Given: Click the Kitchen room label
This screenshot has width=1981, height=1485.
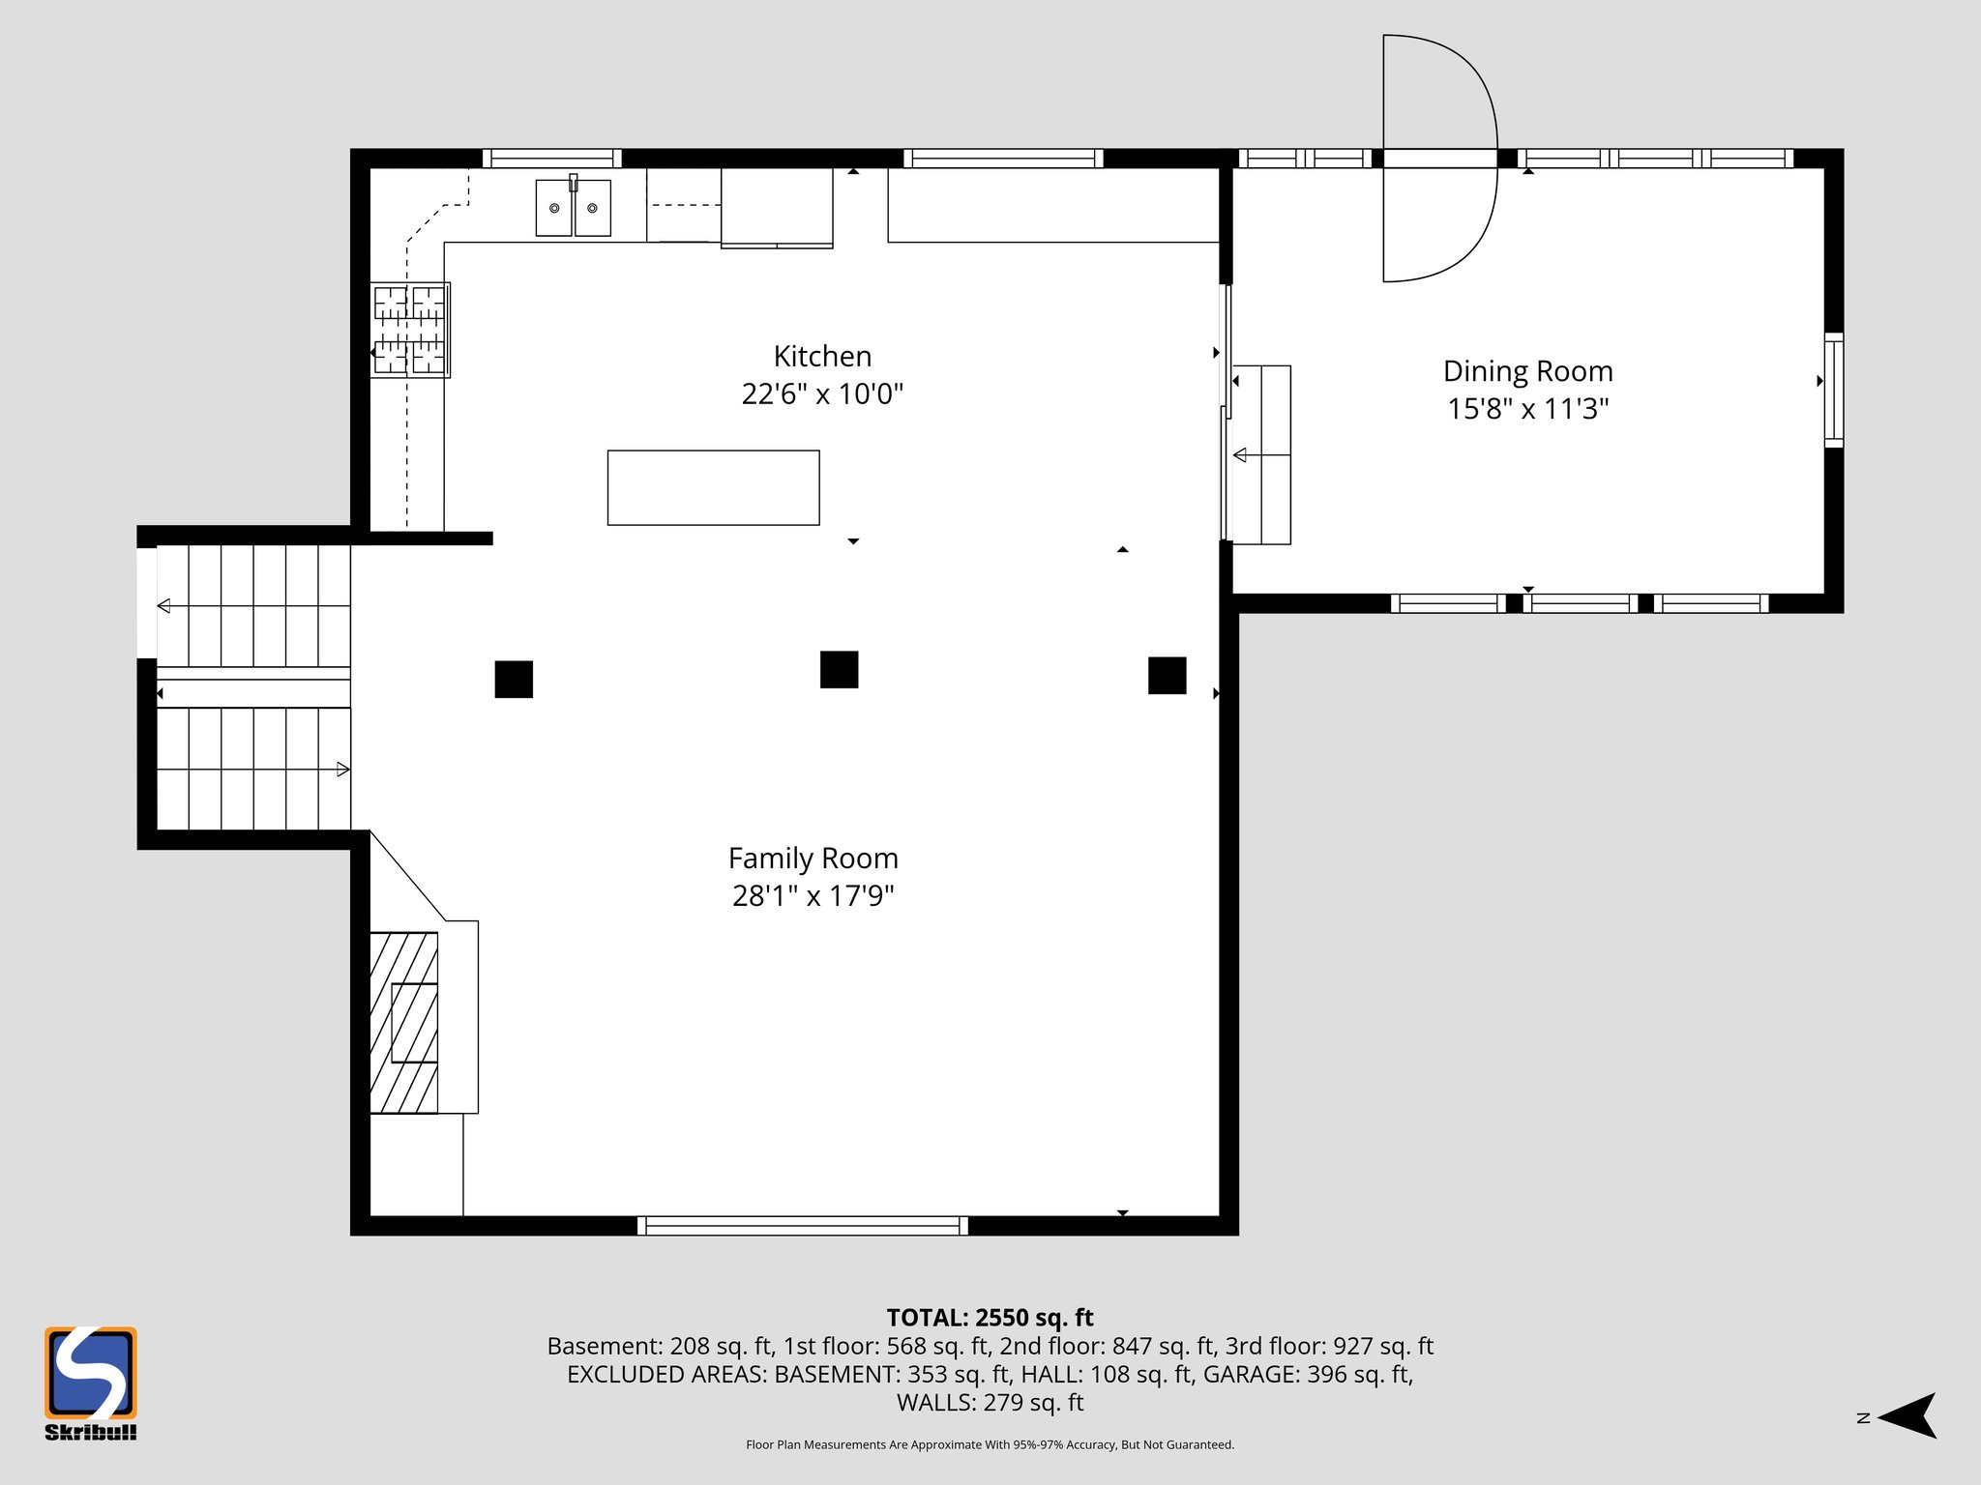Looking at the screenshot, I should (x=822, y=357).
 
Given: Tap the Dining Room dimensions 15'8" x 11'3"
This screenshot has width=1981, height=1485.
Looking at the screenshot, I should (x=1527, y=409).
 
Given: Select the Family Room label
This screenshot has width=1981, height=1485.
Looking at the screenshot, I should (x=813, y=859).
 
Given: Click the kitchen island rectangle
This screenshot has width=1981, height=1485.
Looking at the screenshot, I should (x=713, y=488).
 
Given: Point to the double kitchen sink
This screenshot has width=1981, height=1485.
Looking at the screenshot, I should (x=574, y=208).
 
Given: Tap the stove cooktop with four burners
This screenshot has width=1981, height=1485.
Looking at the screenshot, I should (x=410, y=330).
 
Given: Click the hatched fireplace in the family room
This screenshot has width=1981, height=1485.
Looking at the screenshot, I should (x=404, y=1023).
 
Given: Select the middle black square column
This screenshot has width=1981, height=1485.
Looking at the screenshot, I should (x=839, y=670).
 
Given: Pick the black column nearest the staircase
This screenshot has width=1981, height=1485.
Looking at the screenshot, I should (x=514, y=680).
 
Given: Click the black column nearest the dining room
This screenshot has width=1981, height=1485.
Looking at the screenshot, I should (x=1167, y=676).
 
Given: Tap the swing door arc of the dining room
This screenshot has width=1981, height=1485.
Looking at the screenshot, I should (x=1440, y=159).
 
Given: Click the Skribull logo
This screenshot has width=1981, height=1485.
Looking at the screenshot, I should (x=91, y=1383).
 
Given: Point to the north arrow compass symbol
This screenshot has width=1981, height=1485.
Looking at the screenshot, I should (x=1906, y=1416).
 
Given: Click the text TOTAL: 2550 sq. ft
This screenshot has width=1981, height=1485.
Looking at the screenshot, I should (x=990, y=1318).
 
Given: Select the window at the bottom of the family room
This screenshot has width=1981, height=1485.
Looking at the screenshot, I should (x=802, y=1226).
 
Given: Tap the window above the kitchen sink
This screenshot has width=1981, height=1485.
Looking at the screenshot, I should (x=551, y=159).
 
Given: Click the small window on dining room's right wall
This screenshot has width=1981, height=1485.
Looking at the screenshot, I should (x=1833, y=390).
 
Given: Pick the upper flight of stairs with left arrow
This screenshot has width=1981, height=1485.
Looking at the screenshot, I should (x=253, y=606).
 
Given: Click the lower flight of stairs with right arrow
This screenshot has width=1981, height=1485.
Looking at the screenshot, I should (x=253, y=770).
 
